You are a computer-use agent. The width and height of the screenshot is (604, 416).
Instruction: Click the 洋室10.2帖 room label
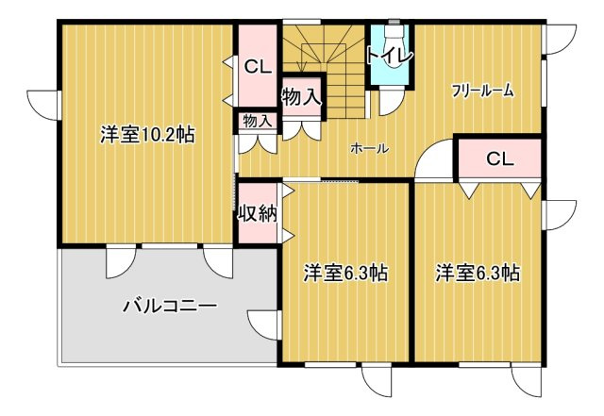[x=147, y=135]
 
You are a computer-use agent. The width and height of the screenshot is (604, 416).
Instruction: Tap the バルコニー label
[x=170, y=306]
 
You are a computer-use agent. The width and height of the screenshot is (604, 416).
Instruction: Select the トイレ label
[x=390, y=56]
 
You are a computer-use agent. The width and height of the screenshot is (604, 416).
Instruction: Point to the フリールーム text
[x=482, y=92]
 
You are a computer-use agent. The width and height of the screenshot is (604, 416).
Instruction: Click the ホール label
[x=369, y=148]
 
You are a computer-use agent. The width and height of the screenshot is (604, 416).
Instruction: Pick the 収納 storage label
[x=256, y=214]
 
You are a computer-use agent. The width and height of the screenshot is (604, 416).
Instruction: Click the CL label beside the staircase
[x=256, y=67]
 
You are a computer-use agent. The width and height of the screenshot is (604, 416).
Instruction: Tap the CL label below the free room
[x=499, y=158]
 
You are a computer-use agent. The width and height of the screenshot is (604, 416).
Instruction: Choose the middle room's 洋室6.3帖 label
[x=345, y=274]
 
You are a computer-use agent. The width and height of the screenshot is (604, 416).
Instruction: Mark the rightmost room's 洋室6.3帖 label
[x=478, y=274]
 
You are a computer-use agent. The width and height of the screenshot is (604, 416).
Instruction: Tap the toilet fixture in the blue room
[x=390, y=33]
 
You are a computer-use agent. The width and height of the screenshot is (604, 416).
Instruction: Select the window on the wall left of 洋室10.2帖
[x=44, y=104]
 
